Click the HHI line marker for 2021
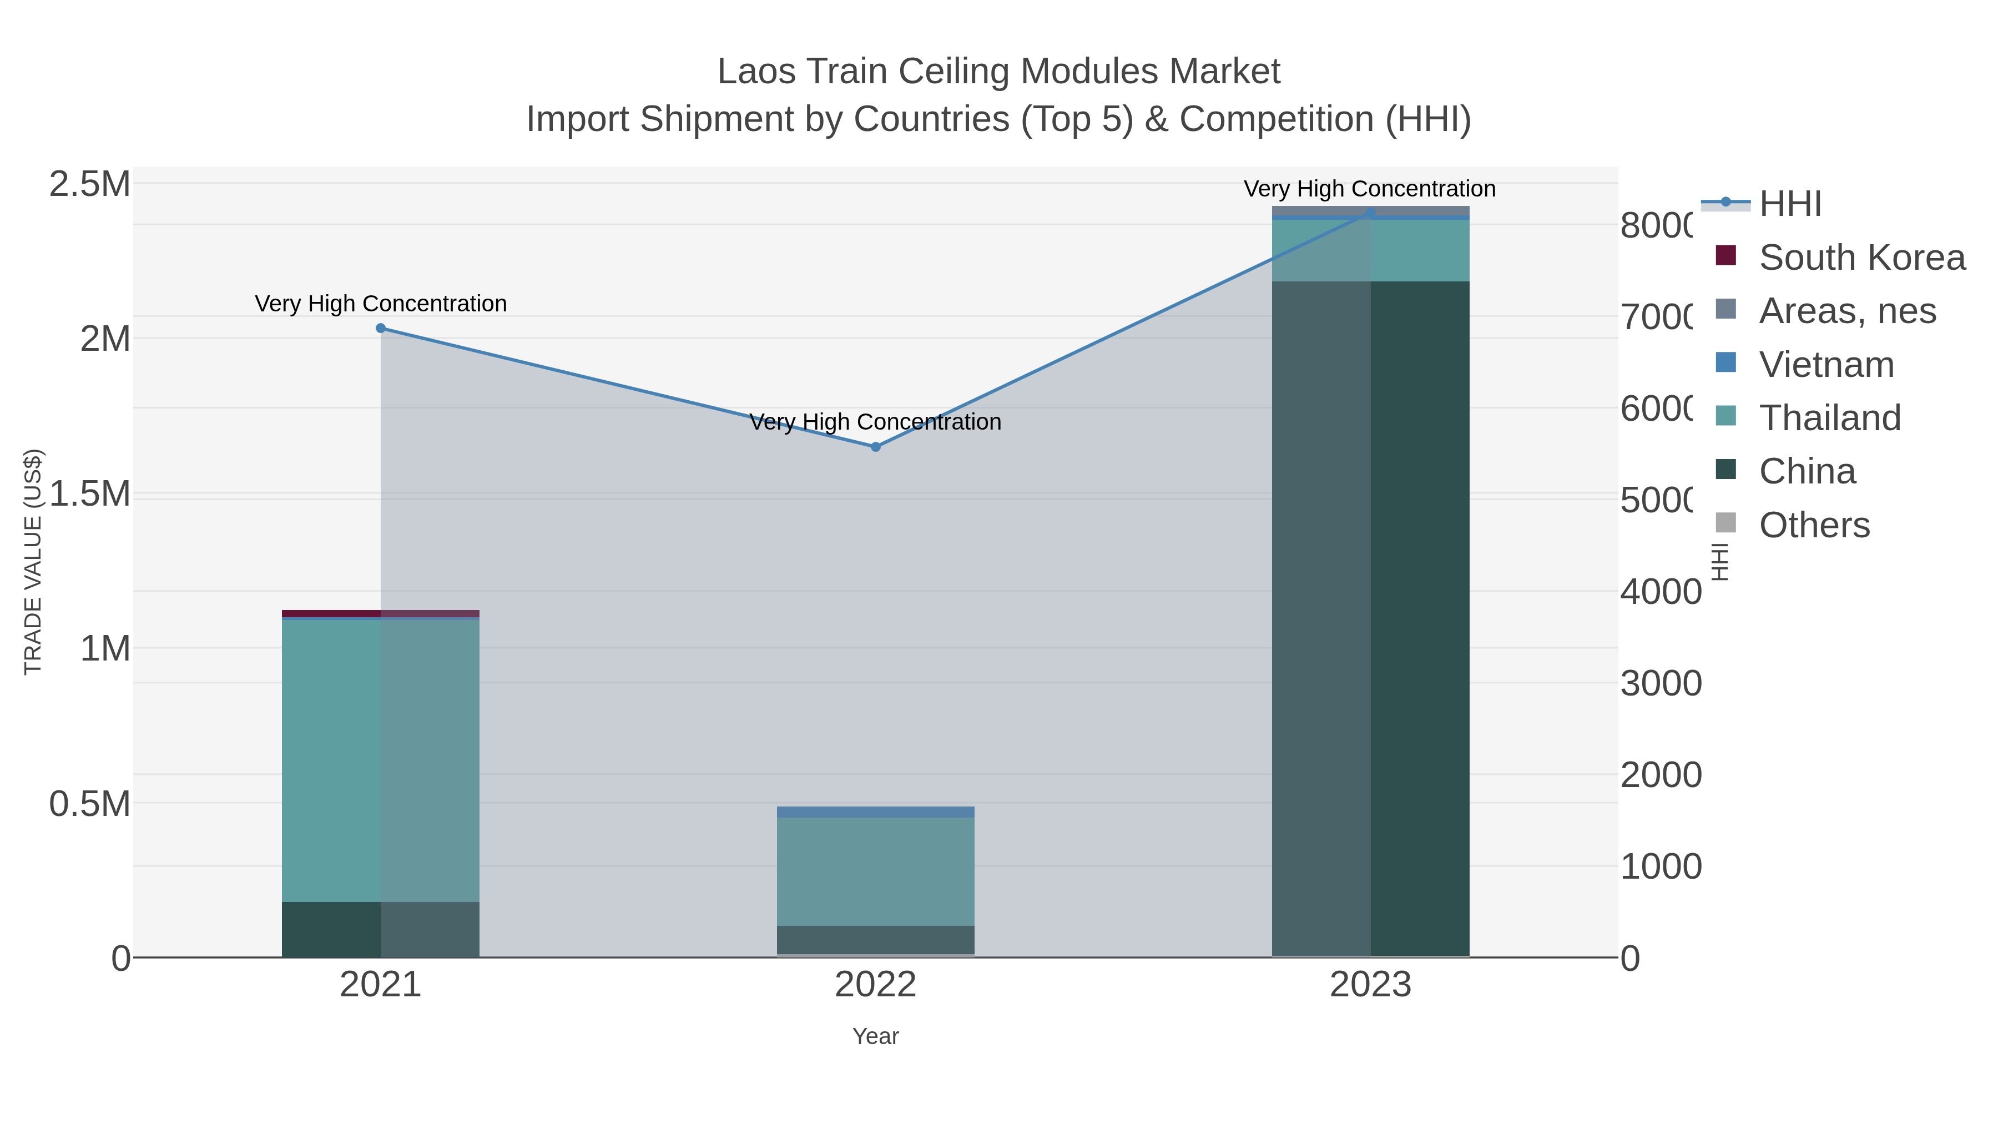point(381,328)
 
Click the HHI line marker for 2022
point(876,447)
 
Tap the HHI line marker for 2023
point(1370,212)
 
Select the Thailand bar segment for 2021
point(380,760)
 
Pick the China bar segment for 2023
point(1370,621)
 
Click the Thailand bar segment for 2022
point(876,871)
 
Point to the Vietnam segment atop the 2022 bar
point(876,812)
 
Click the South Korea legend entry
point(1861,258)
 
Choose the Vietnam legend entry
point(1826,365)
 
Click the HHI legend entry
point(1789,204)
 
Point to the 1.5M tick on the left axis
point(90,494)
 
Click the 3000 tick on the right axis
point(1660,683)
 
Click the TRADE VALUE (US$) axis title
point(33,562)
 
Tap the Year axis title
point(876,1036)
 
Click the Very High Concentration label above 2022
point(876,422)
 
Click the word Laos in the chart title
point(755,72)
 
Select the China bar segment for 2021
point(380,929)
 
